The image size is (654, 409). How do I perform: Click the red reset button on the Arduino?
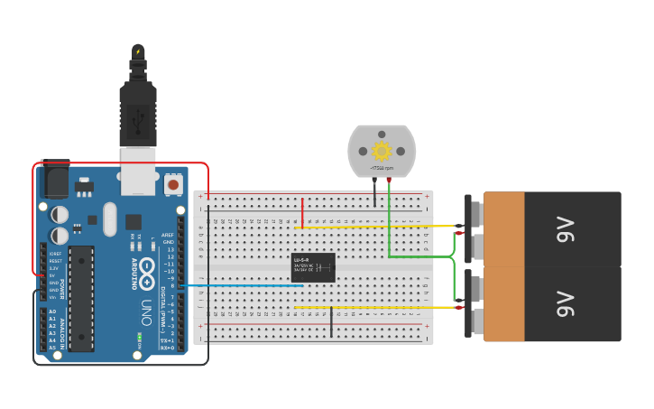point(173,185)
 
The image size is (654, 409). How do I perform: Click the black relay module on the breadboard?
point(313,267)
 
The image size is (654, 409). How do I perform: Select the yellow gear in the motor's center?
point(382,149)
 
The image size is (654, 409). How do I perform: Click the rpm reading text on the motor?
point(382,169)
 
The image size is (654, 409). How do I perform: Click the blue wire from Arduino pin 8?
point(244,285)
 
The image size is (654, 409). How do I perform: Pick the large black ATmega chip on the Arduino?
point(81,298)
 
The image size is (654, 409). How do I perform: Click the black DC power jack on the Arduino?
point(55,180)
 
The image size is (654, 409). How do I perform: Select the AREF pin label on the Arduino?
point(167,233)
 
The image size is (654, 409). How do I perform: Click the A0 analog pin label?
point(51,311)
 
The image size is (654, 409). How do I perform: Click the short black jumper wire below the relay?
point(331,321)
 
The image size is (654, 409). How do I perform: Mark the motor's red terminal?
point(389,181)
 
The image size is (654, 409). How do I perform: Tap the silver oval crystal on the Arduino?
point(110,218)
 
